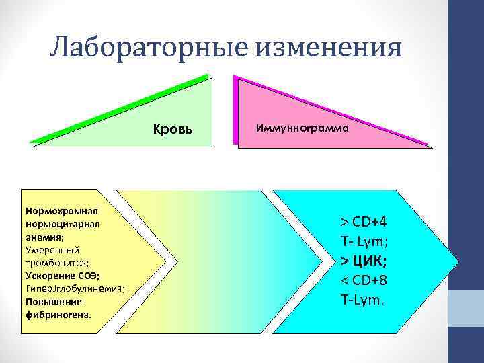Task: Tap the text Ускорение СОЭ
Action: pos(61,276)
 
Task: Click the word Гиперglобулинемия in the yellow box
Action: pos(74,288)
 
